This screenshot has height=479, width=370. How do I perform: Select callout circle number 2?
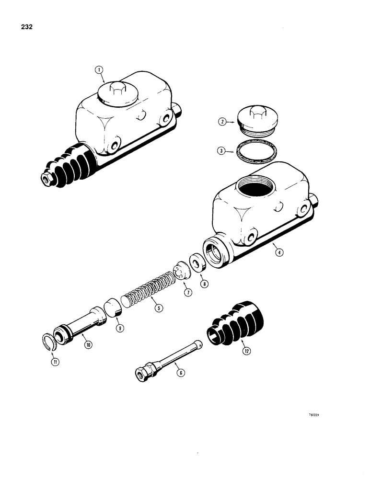[x=221, y=122]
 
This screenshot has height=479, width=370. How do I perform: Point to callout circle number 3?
[x=221, y=151]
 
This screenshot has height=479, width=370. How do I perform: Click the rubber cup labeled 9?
[x=113, y=306]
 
